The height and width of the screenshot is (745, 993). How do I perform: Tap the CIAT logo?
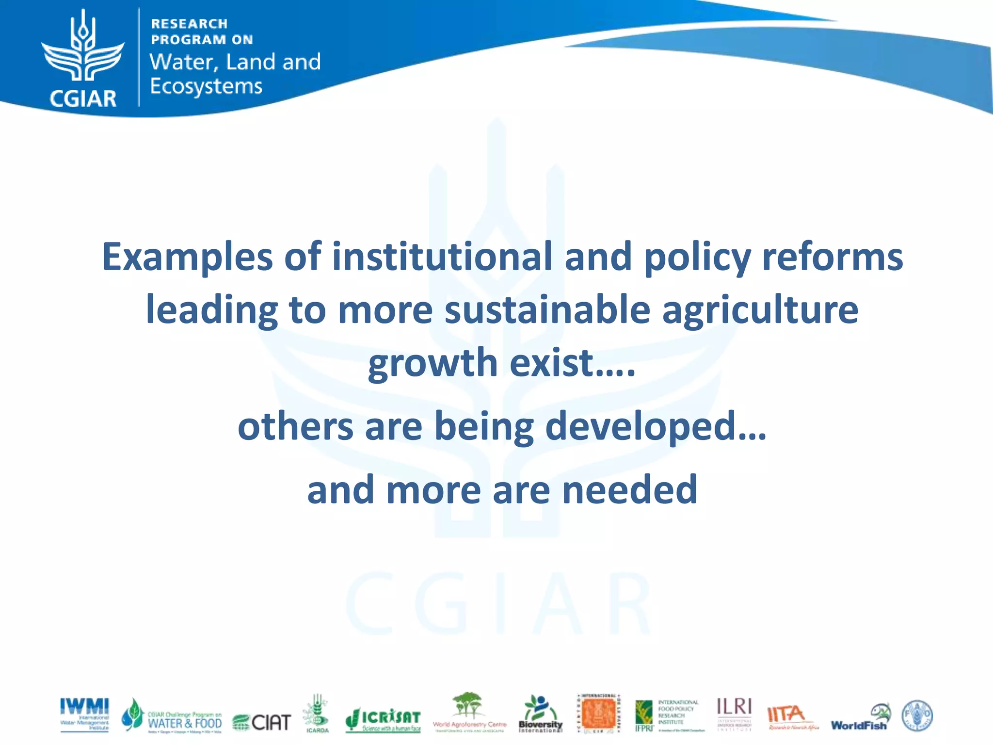click(x=262, y=722)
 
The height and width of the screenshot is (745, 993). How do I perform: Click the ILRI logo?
click(x=734, y=713)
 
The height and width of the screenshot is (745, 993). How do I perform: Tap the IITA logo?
click(x=792, y=717)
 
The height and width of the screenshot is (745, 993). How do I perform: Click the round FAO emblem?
click(x=917, y=715)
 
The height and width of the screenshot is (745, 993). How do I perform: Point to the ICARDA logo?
click(x=317, y=713)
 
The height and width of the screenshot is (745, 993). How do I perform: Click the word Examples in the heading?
click(x=187, y=257)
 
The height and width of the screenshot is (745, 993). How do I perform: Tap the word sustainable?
click(x=547, y=310)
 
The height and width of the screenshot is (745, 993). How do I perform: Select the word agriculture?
click(x=760, y=310)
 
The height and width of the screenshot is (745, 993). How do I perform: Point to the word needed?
click(x=629, y=490)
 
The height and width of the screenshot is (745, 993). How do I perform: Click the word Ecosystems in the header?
click(x=206, y=86)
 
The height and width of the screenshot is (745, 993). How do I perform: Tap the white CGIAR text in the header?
click(x=83, y=98)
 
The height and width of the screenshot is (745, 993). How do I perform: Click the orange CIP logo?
click(x=598, y=713)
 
